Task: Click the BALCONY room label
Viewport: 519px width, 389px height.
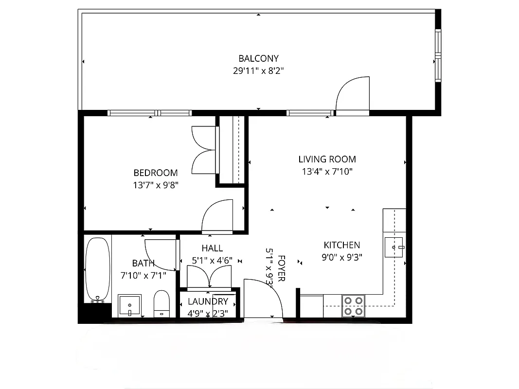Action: click(258, 59)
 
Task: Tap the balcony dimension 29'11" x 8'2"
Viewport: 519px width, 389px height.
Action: click(258, 71)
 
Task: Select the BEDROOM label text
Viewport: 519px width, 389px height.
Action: click(156, 173)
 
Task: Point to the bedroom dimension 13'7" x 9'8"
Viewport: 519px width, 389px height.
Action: click(156, 185)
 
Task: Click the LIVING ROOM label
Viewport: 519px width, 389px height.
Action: click(327, 159)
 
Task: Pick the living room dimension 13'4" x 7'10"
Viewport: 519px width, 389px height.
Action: click(327, 171)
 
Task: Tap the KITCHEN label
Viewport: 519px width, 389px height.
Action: click(342, 245)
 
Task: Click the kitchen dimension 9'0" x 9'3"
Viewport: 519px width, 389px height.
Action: click(342, 257)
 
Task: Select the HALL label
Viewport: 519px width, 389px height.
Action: click(212, 248)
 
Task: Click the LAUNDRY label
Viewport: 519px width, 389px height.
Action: click(208, 301)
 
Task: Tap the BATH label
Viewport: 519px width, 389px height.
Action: click(143, 263)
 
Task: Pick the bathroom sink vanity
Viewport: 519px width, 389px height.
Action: click(130, 305)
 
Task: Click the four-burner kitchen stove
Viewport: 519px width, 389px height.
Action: click(354, 305)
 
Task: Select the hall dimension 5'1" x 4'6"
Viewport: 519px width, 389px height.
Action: click(212, 261)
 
